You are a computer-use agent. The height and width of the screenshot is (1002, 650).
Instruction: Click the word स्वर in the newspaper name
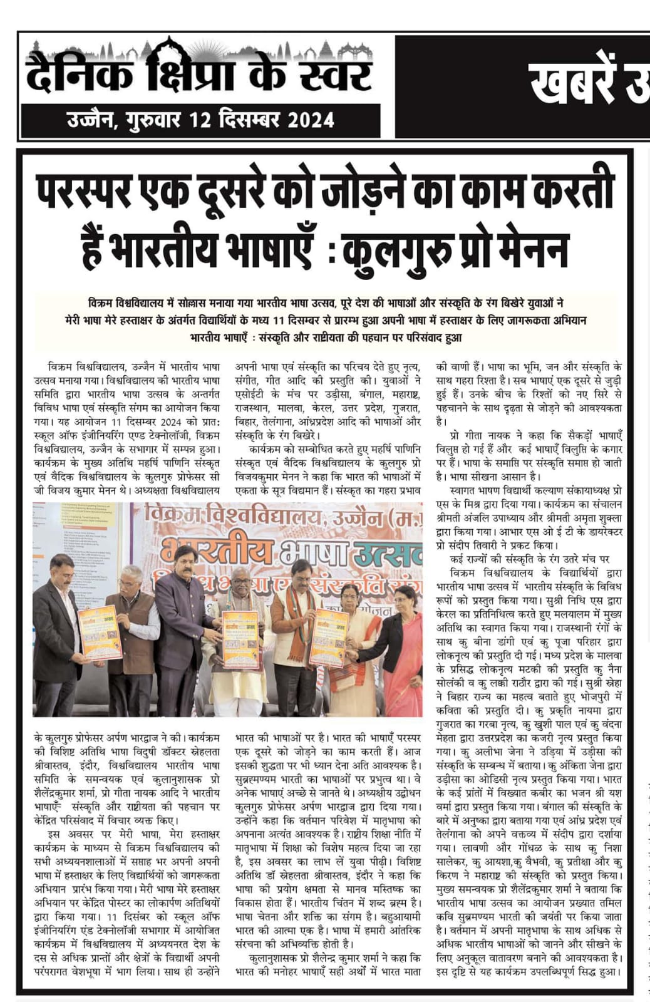tap(334, 74)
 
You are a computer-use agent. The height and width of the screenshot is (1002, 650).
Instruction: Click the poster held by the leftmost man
tap(99, 632)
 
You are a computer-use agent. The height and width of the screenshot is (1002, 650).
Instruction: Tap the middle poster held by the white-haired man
tap(240, 639)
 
